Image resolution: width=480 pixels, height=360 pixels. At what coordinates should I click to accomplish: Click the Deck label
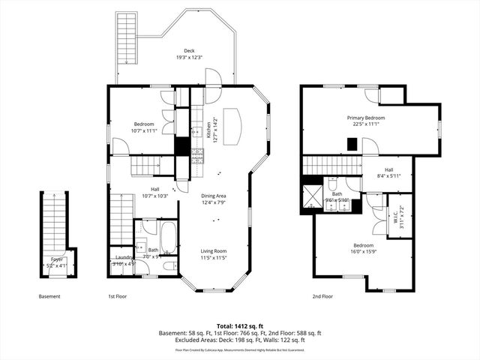tap(178, 51)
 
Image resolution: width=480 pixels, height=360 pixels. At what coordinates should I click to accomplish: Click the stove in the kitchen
tap(199, 157)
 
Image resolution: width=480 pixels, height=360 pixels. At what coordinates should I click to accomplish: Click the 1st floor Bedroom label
tap(144, 124)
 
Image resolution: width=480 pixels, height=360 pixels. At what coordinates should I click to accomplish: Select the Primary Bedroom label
tap(366, 118)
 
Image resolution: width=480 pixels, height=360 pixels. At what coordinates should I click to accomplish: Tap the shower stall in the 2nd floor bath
tap(311, 195)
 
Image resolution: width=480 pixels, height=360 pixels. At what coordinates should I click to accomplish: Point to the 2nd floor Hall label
tap(388, 169)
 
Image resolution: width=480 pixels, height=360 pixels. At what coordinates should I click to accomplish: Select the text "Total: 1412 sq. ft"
tap(240, 325)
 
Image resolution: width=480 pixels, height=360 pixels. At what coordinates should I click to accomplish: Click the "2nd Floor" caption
tap(322, 296)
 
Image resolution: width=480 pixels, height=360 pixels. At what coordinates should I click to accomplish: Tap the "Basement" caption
tap(49, 296)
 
